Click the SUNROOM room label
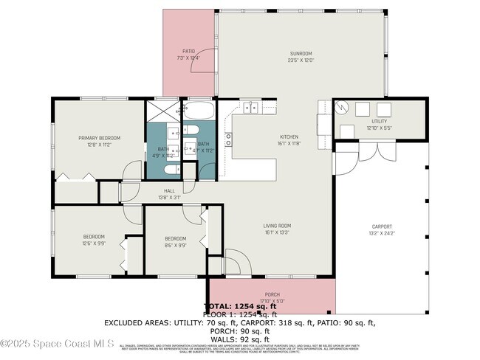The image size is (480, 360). click(301, 53)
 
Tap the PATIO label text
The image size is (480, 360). click(188, 51)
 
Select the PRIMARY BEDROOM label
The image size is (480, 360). click(100, 138)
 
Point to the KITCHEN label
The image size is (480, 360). click(289, 137)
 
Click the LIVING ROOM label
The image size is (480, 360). click(278, 226)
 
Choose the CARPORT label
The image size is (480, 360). click(382, 226)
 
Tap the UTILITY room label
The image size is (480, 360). click(379, 122)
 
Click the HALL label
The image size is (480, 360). click(169, 191)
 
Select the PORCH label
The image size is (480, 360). click(272, 294)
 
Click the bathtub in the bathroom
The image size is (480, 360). click(199, 111)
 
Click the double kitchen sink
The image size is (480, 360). click(251, 108)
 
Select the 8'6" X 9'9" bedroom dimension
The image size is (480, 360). click(175, 245)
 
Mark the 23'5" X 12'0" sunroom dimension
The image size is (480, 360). click(301, 60)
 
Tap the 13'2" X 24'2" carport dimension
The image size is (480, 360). click(382, 233)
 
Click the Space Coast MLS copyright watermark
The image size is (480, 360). click(57, 343)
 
